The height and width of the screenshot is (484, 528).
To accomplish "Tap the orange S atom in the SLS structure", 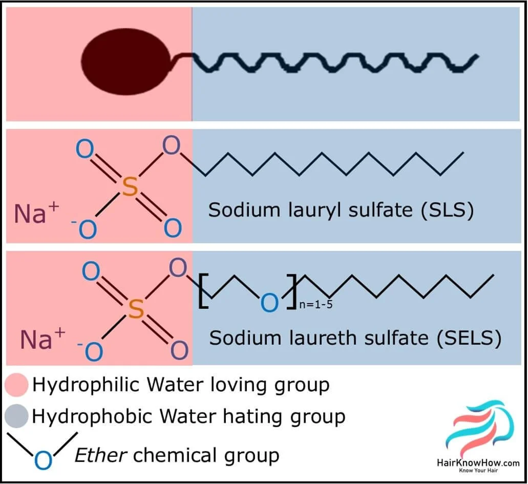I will click(131, 187).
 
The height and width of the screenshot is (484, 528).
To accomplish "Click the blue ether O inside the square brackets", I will click(269, 303).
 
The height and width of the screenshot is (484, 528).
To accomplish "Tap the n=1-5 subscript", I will click(316, 305).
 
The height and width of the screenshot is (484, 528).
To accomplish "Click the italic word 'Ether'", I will click(100, 454).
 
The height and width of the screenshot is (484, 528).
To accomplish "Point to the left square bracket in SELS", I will click(203, 292).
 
